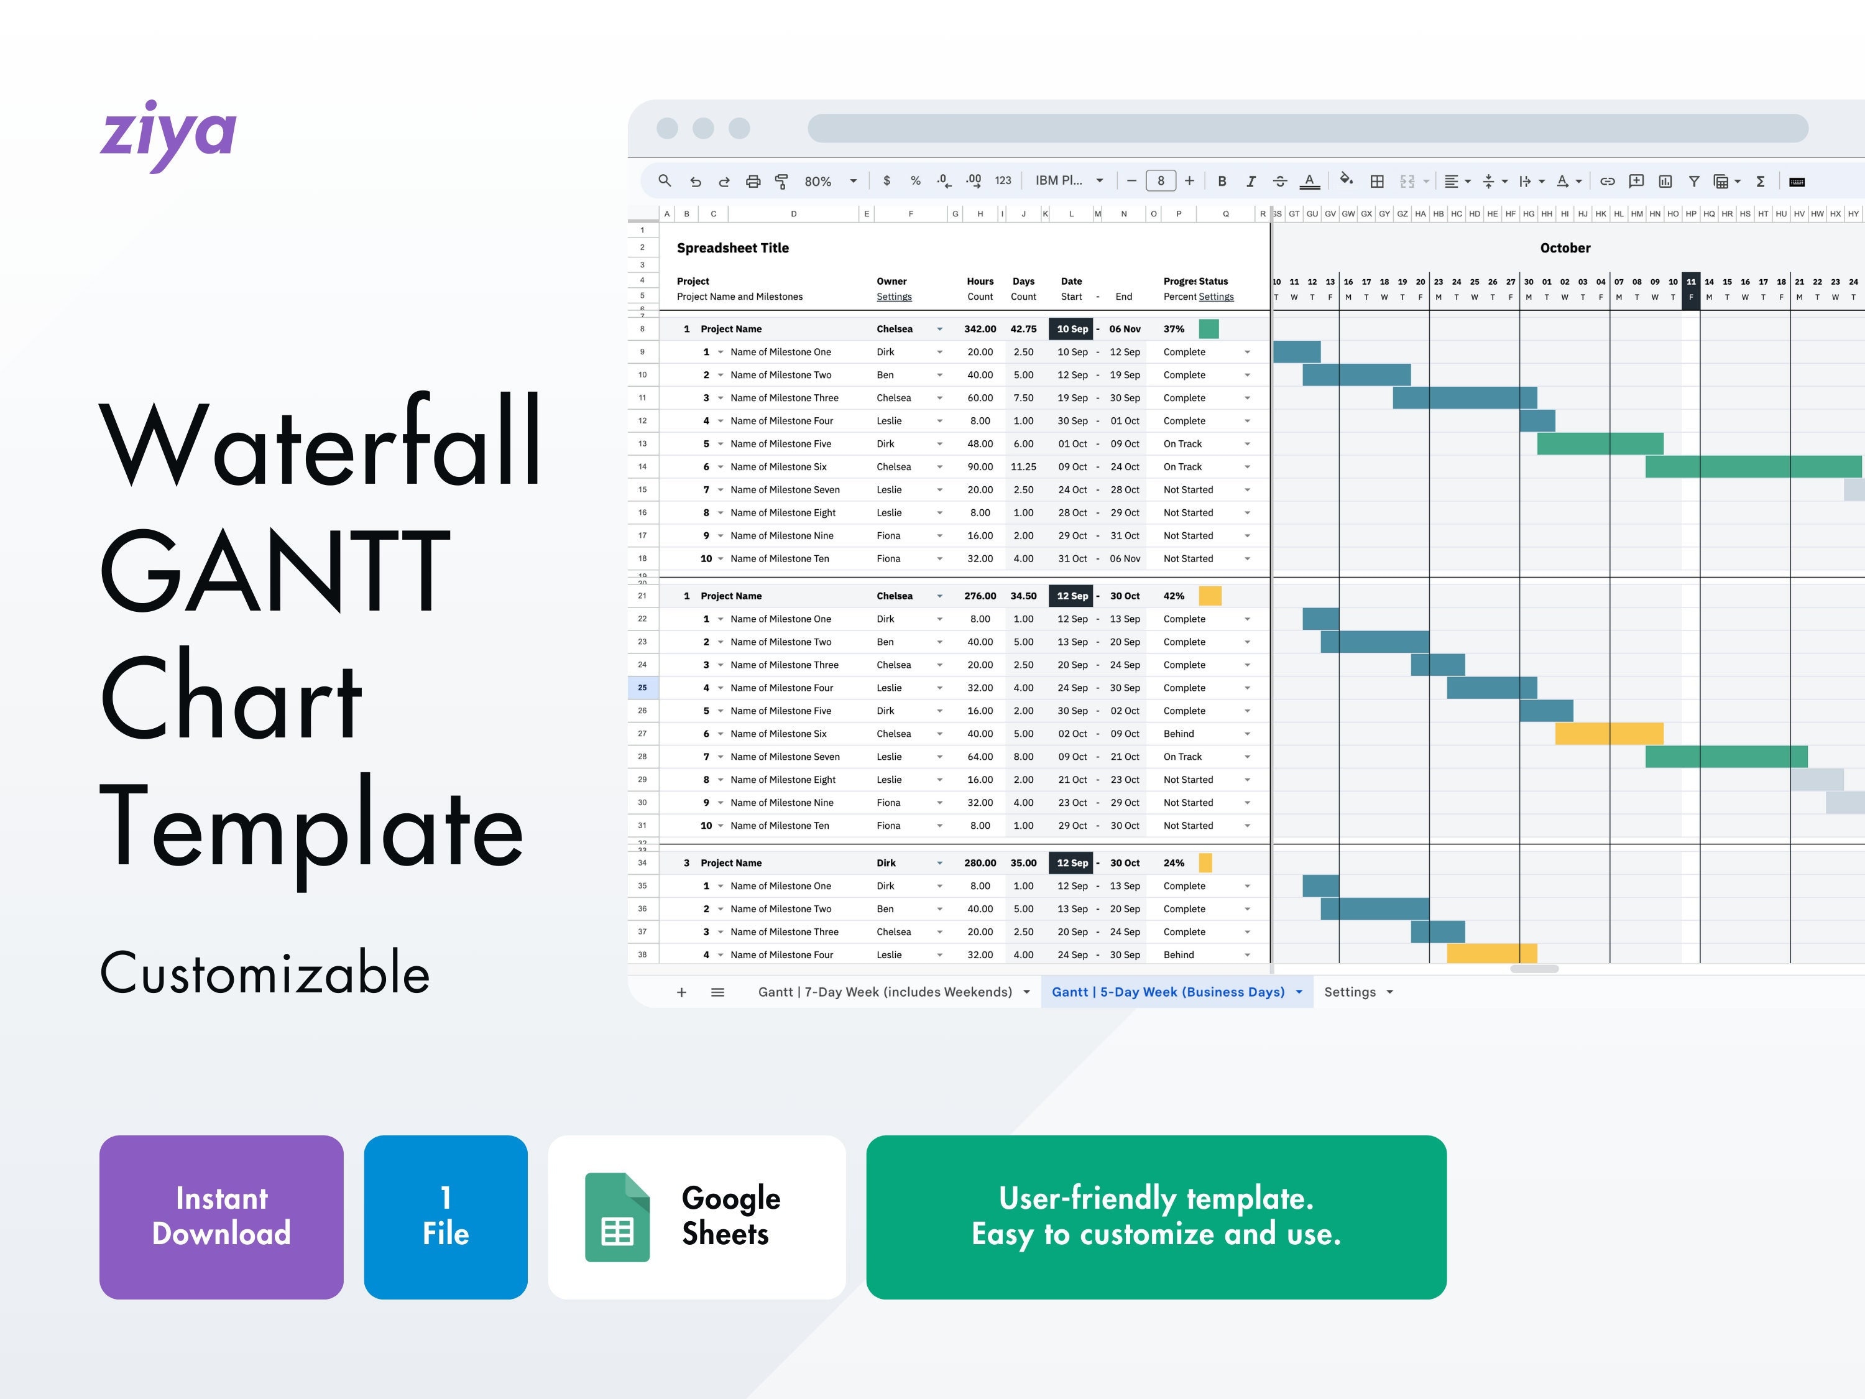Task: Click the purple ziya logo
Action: pyautogui.click(x=168, y=135)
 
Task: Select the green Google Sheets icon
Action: pyautogui.click(x=617, y=1217)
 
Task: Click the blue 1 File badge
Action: pyautogui.click(x=445, y=1216)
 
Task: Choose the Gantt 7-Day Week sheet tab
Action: pyautogui.click(x=885, y=992)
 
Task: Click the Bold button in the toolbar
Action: pyautogui.click(x=1222, y=182)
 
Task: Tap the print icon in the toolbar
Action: pyautogui.click(x=753, y=182)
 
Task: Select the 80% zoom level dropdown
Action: pyautogui.click(x=830, y=182)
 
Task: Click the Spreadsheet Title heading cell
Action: pyautogui.click(x=733, y=248)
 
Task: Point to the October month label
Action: pyautogui.click(x=1565, y=248)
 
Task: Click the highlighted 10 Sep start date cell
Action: pyautogui.click(x=1072, y=329)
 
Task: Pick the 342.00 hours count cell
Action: pyautogui.click(x=980, y=329)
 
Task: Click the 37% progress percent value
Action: pyautogui.click(x=1174, y=329)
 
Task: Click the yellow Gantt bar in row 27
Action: pyautogui.click(x=1609, y=734)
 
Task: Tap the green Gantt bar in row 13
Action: pyautogui.click(x=1600, y=443)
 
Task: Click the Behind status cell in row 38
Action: pyautogui.click(x=1179, y=954)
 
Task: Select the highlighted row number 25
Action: pyautogui.click(x=642, y=688)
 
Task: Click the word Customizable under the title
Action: pyautogui.click(x=265, y=973)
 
